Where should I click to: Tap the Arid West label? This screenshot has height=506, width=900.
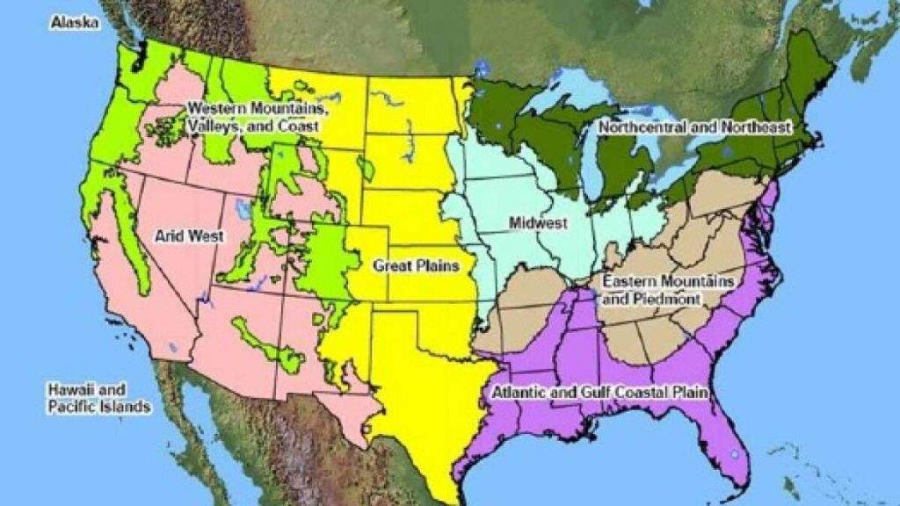point(190,235)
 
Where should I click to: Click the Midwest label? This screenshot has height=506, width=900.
point(538,224)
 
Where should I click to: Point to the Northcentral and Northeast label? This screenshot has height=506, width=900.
point(694,127)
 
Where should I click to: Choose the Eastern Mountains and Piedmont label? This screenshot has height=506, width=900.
point(668,290)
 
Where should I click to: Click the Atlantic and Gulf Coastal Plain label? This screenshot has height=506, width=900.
point(602,392)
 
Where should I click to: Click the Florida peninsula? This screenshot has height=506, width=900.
point(716,430)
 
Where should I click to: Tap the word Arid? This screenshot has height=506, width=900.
point(171,235)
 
